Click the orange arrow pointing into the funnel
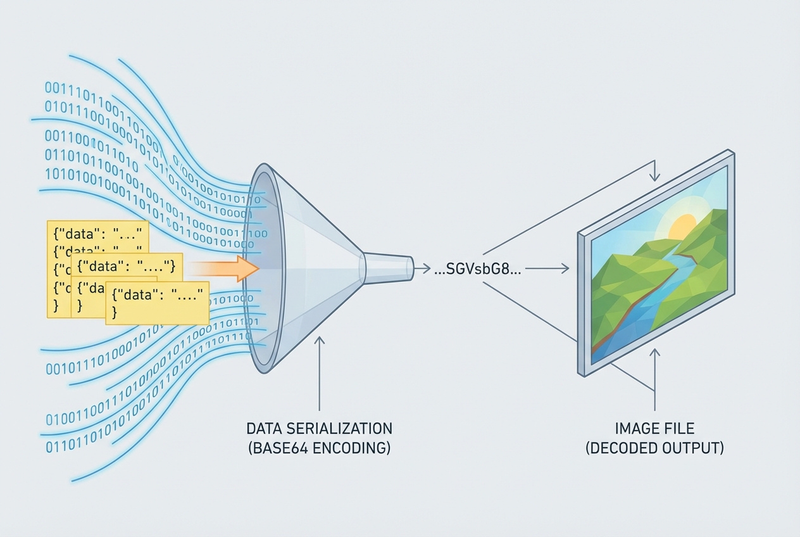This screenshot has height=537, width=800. tap(228, 268)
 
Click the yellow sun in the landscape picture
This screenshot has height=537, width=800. tap(682, 227)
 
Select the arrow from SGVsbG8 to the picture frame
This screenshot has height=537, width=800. tap(547, 268)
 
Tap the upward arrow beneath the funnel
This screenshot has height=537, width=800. tap(320, 374)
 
